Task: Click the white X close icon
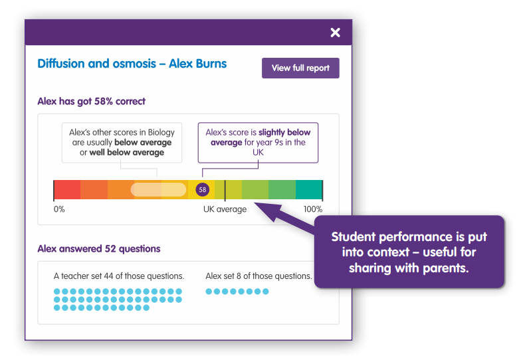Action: pyautogui.click(x=336, y=33)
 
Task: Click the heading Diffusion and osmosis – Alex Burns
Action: pyautogui.click(x=132, y=64)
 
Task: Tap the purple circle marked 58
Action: pyautogui.click(x=202, y=189)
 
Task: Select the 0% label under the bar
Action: pyautogui.click(x=59, y=209)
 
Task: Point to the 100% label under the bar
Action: pyautogui.click(x=313, y=209)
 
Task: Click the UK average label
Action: pyautogui.click(x=225, y=209)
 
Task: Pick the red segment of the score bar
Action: pyautogui.click(x=67, y=189)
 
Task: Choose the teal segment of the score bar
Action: pyautogui.click(x=309, y=189)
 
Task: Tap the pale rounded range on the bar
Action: pyautogui.click(x=159, y=189)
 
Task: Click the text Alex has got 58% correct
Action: pyautogui.click(x=91, y=101)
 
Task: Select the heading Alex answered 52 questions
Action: pyautogui.click(x=99, y=249)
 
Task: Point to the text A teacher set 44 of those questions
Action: pyautogui.click(x=119, y=276)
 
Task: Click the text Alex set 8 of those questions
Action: pyautogui.click(x=259, y=276)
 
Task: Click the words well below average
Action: pyautogui.click(x=127, y=153)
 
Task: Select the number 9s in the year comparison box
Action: pyautogui.click(x=278, y=143)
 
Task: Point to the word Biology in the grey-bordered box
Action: pyautogui.click(x=161, y=133)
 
